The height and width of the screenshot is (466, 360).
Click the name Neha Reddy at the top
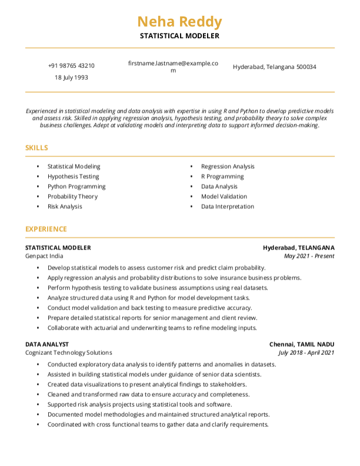coord(179,22)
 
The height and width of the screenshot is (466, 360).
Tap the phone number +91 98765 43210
coord(71,66)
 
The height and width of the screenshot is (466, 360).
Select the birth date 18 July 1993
coord(71,77)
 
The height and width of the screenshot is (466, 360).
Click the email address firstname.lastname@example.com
coord(173,66)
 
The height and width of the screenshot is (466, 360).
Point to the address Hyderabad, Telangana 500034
coord(274,67)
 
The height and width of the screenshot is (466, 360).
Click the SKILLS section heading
coord(36,148)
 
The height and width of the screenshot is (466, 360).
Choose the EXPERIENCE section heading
coord(46,229)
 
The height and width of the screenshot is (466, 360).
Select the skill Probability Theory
coord(72,197)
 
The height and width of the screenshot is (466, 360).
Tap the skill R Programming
coord(222,177)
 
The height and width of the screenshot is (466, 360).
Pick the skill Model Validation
coord(224,197)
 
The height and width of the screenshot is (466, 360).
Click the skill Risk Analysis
coord(65,207)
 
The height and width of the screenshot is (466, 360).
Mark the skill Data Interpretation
coord(228,207)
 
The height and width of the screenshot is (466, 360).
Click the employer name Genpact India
coord(44,256)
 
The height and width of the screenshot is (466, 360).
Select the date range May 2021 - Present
coord(309,256)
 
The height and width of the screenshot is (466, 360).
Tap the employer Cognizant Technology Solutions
coord(68,352)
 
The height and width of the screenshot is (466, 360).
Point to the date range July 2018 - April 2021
coord(306,352)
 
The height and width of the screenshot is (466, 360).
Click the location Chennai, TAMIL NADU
coord(302,344)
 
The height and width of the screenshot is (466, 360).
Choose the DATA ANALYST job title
coord(47,344)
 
